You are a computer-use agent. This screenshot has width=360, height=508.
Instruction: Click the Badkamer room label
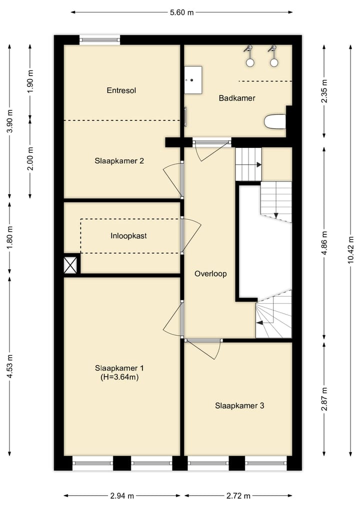point(237,98)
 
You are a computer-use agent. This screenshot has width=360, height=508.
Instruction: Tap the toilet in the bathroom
point(275,122)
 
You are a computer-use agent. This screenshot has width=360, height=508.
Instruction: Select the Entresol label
point(121,90)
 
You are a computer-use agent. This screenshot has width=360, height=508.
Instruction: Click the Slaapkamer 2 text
point(119,161)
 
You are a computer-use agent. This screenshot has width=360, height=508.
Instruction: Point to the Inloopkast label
point(128,236)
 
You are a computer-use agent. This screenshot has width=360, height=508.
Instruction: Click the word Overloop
point(210,274)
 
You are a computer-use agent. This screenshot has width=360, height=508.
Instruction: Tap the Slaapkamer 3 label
point(239,406)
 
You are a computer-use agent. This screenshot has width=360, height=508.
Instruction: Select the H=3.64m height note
point(119,377)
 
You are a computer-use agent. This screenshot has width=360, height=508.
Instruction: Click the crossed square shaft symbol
point(70,265)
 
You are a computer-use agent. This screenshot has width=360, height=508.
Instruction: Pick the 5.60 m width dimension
point(181,12)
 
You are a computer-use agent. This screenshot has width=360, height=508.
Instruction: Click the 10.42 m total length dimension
point(350,250)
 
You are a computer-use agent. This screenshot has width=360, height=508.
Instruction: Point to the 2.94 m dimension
point(122,496)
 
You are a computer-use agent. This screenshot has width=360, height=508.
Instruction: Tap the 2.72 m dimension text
point(238,496)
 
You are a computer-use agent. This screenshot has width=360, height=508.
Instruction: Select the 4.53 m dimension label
point(9,367)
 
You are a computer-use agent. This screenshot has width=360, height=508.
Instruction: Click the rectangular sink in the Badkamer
point(193,80)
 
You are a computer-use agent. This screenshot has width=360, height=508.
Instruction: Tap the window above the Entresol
point(99,40)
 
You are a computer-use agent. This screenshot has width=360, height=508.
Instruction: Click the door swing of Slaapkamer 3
point(204,349)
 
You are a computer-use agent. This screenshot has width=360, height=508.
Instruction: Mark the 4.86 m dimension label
point(324,243)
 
